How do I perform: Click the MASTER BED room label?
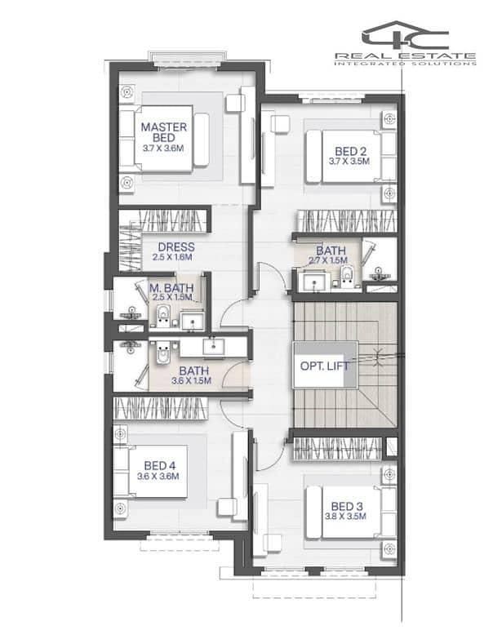pyautogui.click(x=164, y=132)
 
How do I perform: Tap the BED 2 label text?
pyautogui.click(x=350, y=151)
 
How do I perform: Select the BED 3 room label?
pyautogui.click(x=347, y=507)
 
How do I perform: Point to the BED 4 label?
pyautogui.click(x=160, y=465)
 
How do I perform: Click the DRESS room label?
pyautogui.click(x=176, y=247)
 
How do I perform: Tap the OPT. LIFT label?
pyautogui.click(x=324, y=366)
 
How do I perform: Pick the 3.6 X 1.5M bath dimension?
pyautogui.click(x=192, y=381)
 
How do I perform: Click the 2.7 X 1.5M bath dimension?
pyautogui.click(x=328, y=260)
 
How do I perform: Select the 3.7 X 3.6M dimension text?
pyautogui.click(x=163, y=149)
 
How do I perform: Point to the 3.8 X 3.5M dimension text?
pyautogui.click(x=345, y=517)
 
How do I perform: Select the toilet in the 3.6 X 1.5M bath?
pyautogui.click(x=163, y=353)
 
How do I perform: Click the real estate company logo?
pyautogui.click(x=405, y=43)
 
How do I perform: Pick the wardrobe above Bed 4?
pyautogui.click(x=161, y=408)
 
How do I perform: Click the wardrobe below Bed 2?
pyautogui.click(x=347, y=221)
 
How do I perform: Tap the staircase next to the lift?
pyautogui.click(x=345, y=365)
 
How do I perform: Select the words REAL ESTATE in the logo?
pyautogui.click(x=405, y=55)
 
